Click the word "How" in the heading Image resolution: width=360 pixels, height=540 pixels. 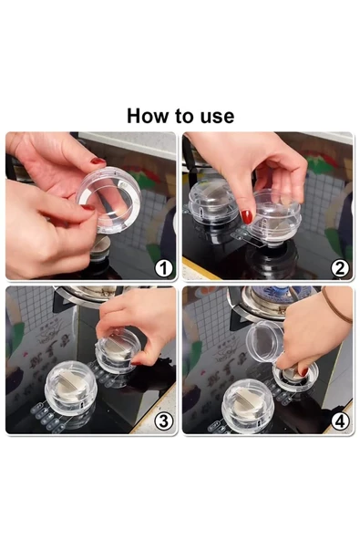point(144,116)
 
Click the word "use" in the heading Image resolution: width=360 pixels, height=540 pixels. point(217,117)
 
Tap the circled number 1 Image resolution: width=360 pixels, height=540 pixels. point(163,268)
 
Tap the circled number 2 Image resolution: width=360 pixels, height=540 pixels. point(340,268)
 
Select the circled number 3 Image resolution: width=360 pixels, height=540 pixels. point(163,421)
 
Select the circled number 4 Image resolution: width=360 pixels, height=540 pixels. point(340,421)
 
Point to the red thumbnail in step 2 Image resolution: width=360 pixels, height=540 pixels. point(246,216)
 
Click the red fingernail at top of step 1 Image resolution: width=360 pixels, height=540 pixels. point(98,161)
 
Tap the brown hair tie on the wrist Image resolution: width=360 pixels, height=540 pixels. point(335,306)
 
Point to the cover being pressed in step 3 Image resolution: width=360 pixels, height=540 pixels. point(118,350)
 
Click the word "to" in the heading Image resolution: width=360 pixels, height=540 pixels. point(180,117)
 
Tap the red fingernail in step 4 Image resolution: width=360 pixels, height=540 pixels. point(303,371)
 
